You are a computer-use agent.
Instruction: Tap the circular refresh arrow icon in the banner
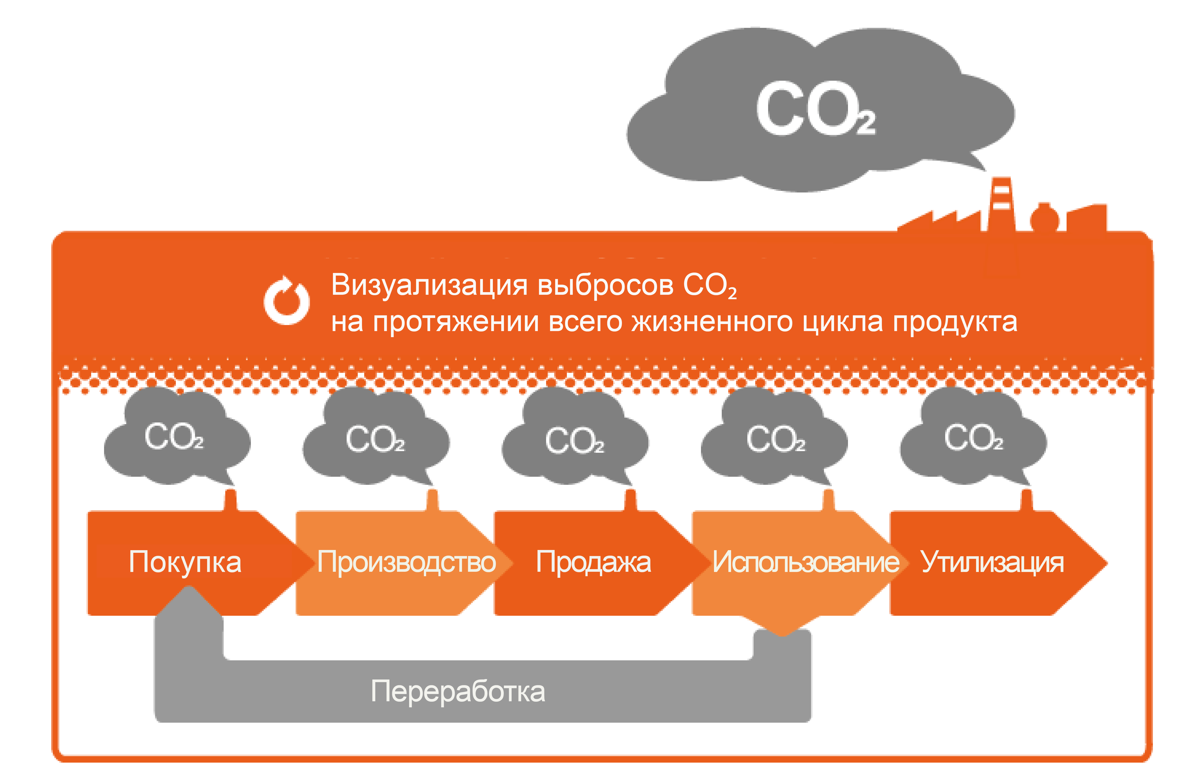click(x=287, y=300)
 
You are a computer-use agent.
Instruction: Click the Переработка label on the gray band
click(x=458, y=691)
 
